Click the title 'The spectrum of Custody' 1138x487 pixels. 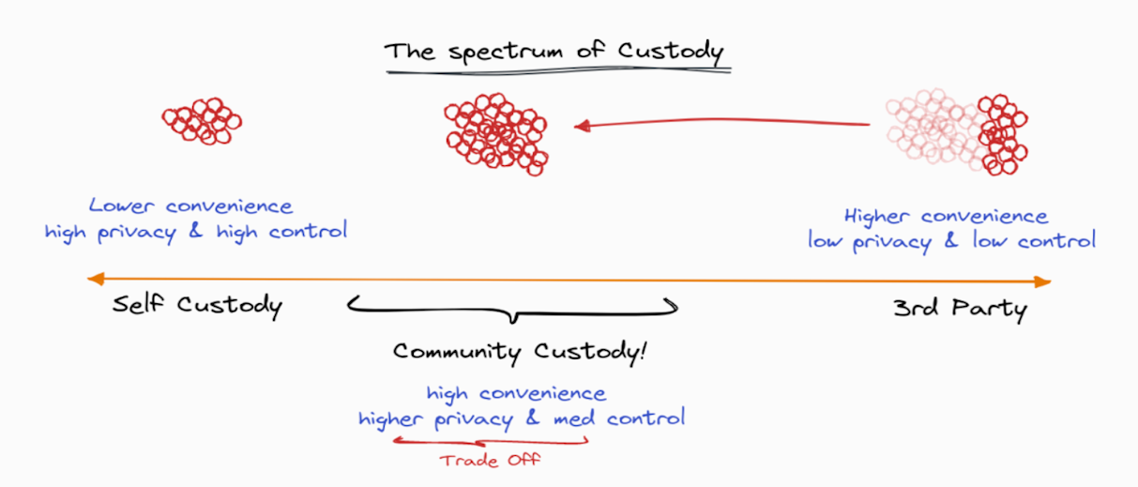tap(554, 52)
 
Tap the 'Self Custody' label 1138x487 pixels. tap(197, 305)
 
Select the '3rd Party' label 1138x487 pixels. tap(960, 308)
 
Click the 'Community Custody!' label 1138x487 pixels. tap(520, 352)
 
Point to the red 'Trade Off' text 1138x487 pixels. tap(490, 461)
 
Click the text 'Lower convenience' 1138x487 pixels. tap(190, 205)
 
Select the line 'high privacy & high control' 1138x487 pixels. tap(196, 232)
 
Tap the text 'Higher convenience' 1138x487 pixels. tap(946, 216)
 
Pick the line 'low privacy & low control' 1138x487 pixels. tap(951, 241)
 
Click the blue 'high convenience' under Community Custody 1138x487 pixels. tap(516, 393)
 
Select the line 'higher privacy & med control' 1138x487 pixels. tap(522, 419)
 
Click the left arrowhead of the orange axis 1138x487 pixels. tap(96, 279)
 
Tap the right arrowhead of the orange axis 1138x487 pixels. tap(1042, 282)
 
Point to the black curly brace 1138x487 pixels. tap(513, 312)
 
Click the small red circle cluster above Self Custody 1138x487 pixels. tap(202, 121)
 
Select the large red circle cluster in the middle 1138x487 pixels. tap(496, 134)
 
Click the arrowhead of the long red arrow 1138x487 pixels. tap(583, 126)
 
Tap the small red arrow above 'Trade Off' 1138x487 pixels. tap(491, 441)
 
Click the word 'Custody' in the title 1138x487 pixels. tap(671, 52)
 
